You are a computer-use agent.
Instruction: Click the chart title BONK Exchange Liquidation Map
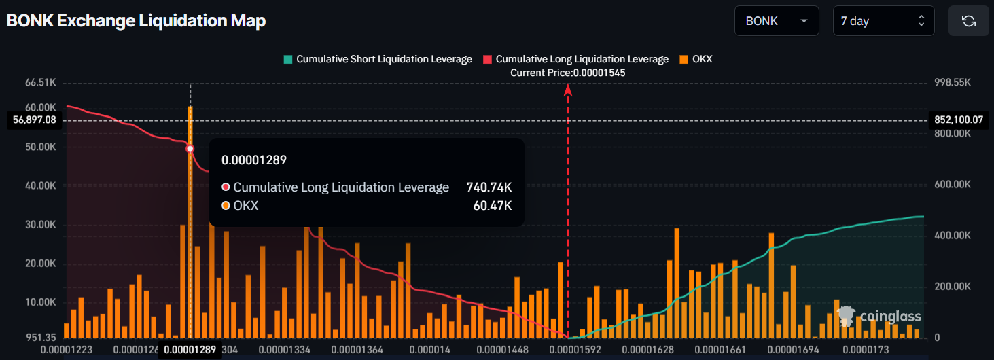[136, 21]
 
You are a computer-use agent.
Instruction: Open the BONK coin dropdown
[776, 21]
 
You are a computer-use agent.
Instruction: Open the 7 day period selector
[883, 21]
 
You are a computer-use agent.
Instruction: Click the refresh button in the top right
[968, 21]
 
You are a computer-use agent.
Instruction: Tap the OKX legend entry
[696, 59]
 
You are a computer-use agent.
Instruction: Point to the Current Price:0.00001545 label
[568, 72]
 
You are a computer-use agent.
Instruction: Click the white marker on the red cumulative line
[190, 149]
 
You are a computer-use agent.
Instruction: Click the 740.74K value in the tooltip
[489, 187]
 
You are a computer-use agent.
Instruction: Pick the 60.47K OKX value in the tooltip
[493, 206]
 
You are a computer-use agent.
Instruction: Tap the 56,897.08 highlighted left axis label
[34, 120]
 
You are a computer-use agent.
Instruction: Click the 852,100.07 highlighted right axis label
[959, 120]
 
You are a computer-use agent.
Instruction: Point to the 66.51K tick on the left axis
[40, 82]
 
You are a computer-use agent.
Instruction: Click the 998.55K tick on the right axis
[953, 82]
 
